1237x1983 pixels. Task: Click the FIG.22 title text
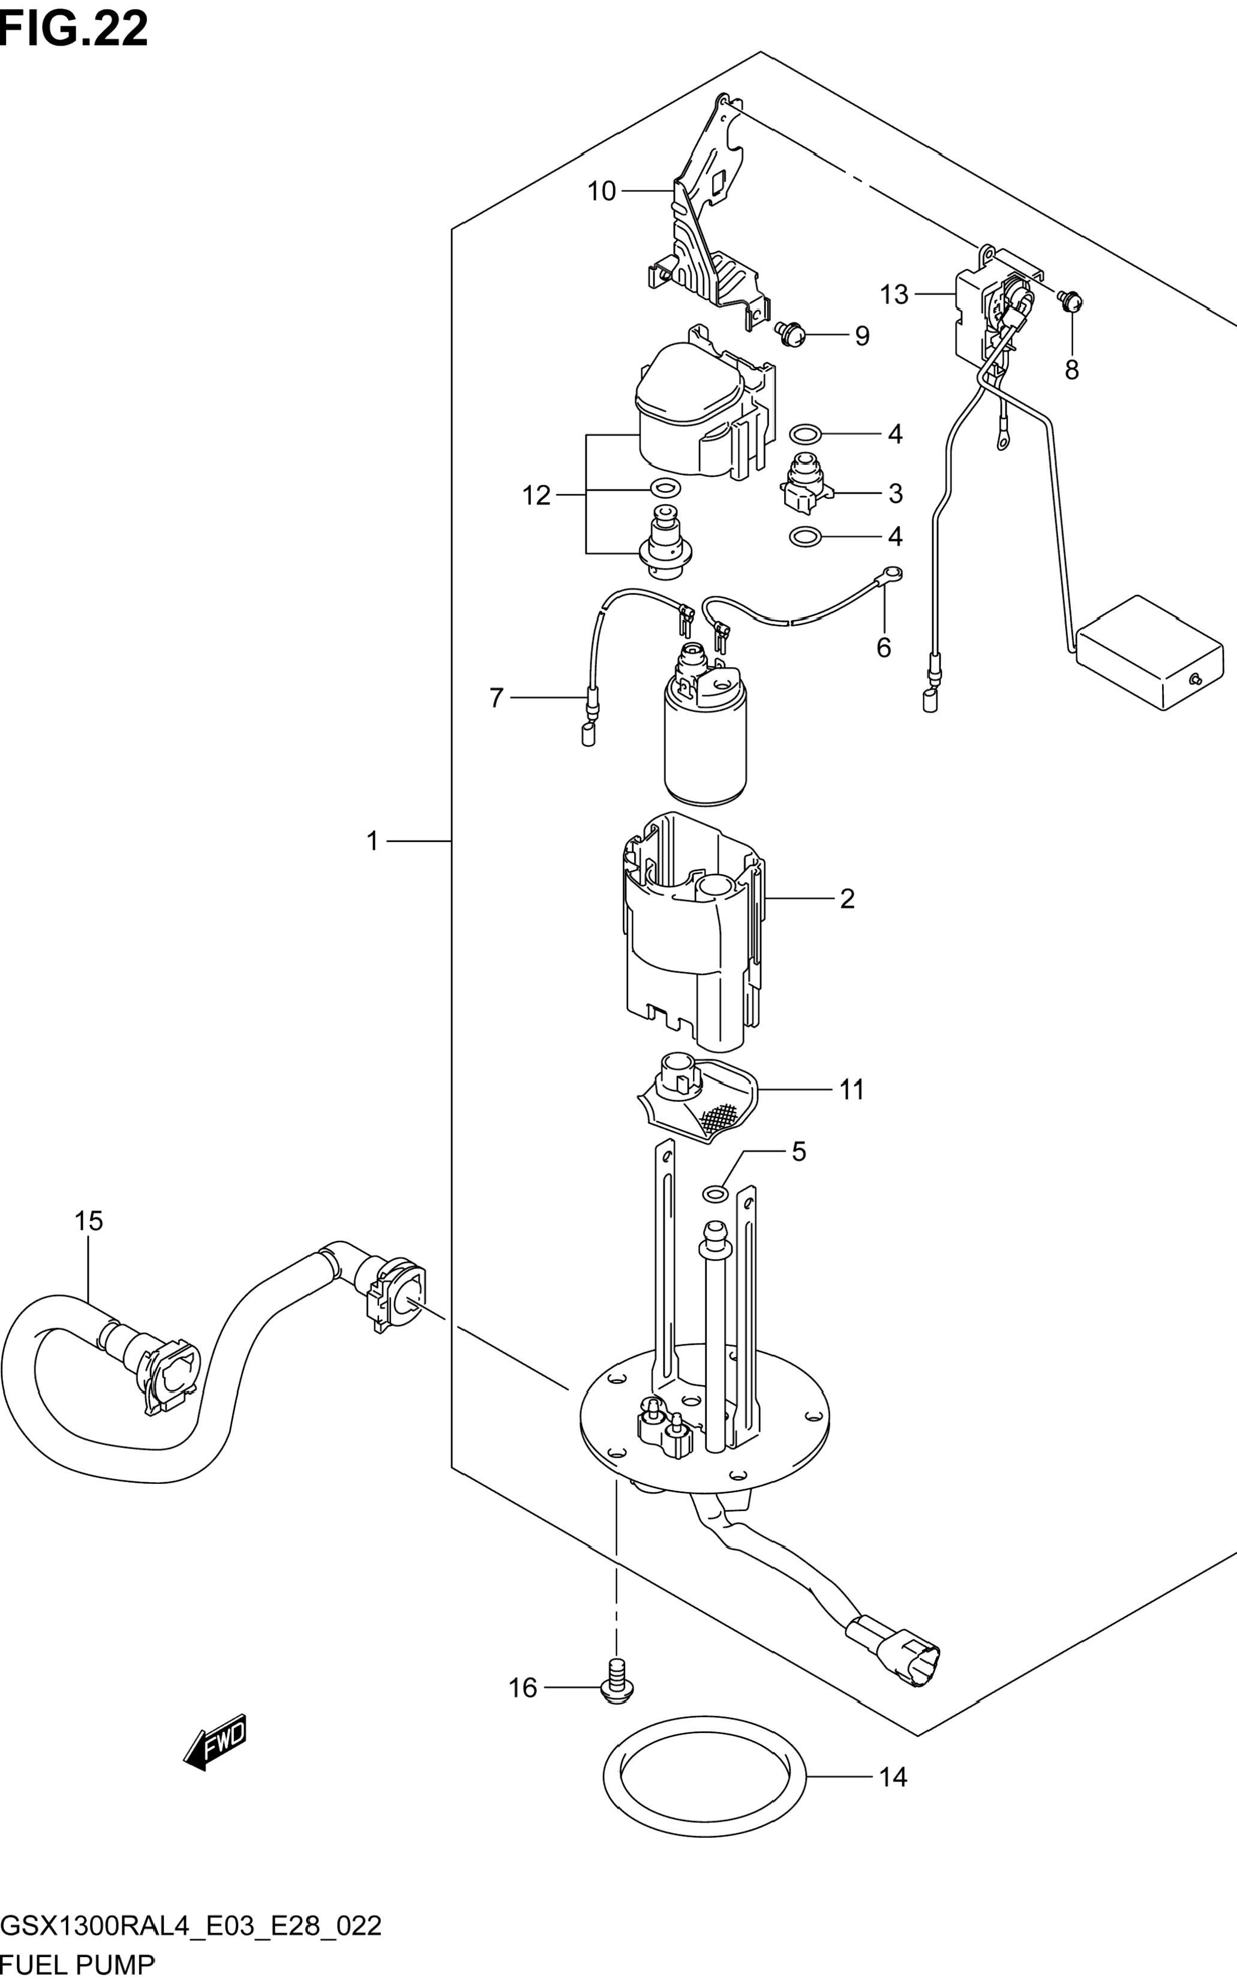(74, 29)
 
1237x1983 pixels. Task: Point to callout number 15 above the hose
(88, 1221)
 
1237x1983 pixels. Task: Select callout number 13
(894, 295)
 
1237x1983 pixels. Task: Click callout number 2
(848, 899)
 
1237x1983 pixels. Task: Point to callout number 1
(373, 841)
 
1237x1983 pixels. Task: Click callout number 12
(537, 495)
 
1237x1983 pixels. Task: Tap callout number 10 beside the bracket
(601, 191)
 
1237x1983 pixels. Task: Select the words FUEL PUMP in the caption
(78, 1966)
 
